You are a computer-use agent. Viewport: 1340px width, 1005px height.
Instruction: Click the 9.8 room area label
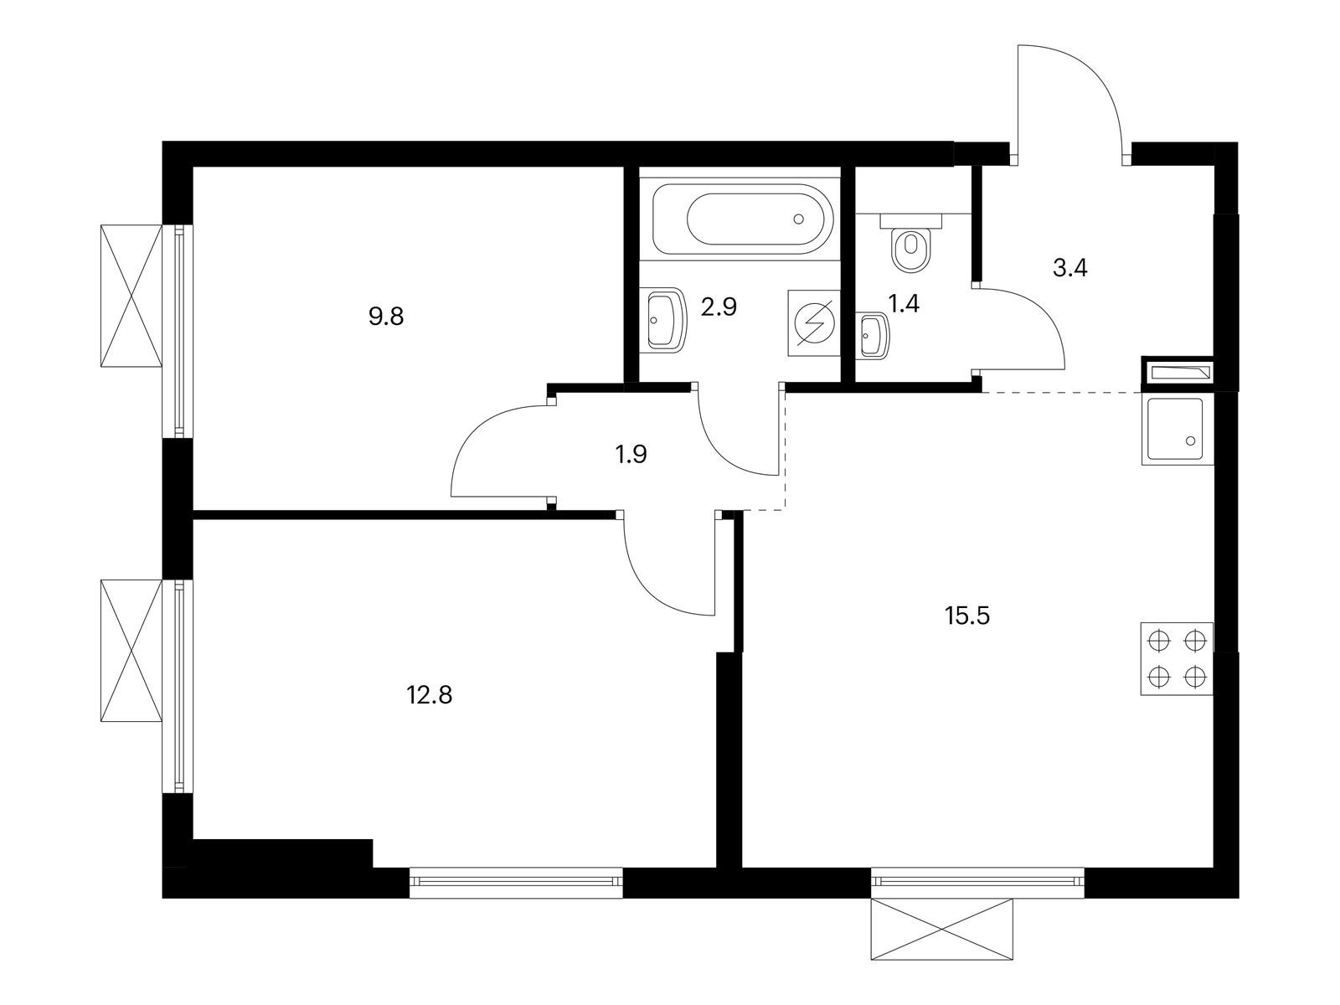pyautogui.click(x=386, y=317)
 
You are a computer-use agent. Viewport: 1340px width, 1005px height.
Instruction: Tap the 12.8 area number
pyautogui.click(x=429, y=695)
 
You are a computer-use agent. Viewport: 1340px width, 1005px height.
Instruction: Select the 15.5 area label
pyautogui.click(x=967, y=616)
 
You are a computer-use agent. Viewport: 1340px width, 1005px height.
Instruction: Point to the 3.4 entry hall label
pyautogui.click(x=1070, y=267)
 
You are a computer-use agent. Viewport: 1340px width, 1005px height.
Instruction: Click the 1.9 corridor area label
pyautogui.click(x=631, y=454)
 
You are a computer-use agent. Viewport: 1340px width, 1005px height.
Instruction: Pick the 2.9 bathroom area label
pyautogui.click(x=719, y=307)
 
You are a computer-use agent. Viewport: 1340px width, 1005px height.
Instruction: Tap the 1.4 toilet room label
pyautogui.click(x=904, y=303)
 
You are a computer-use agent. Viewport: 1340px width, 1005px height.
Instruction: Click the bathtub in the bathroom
pyautogui.click(x=742, y=219)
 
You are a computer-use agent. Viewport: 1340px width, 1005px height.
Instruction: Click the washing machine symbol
pyautogui.click(x=814, y=322)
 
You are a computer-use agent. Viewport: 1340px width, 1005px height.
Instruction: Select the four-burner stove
pyautogui.click(x=1177, y=658)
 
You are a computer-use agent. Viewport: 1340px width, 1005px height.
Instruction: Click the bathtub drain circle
pyautogui.click(x=798, y=219)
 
